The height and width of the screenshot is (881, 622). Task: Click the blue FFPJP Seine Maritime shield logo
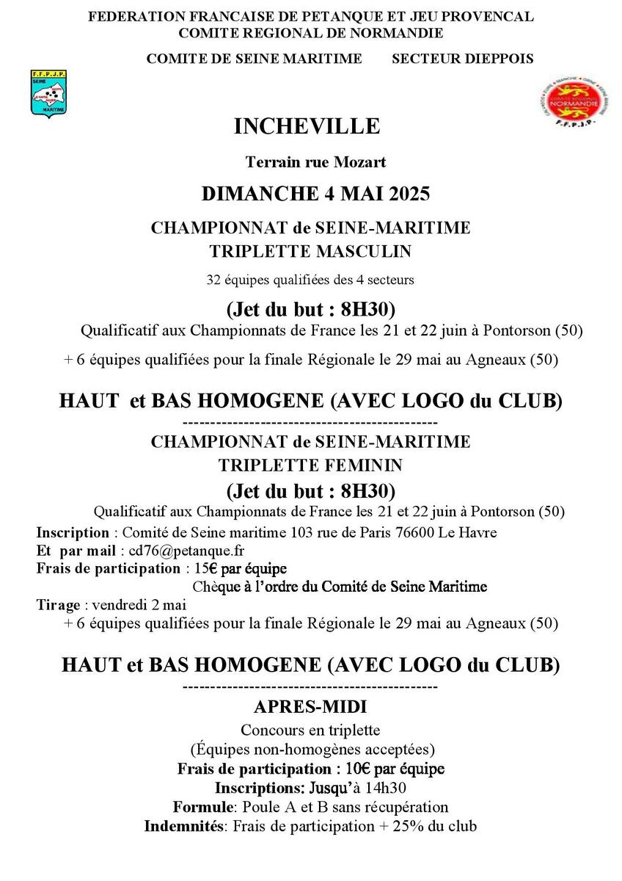tap(49, 93)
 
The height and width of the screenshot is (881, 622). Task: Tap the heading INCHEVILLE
tap(307, 126)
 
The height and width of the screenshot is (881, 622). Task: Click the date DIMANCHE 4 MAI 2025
tap(315, 194)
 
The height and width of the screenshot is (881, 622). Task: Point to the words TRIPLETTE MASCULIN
tap(310, 251)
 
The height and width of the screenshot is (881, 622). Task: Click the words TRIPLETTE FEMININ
tap(310, 465)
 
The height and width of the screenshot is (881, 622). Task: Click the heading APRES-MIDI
tap(310, 707)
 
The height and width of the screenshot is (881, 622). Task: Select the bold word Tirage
tap(58, 605)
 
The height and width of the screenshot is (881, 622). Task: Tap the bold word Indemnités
tap(184, 826)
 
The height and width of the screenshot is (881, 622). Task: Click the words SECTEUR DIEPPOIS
tap(463, 59)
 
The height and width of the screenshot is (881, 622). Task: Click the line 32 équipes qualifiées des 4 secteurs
tap(310, 279)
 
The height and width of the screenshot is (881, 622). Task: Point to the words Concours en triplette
tap(310, 730)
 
